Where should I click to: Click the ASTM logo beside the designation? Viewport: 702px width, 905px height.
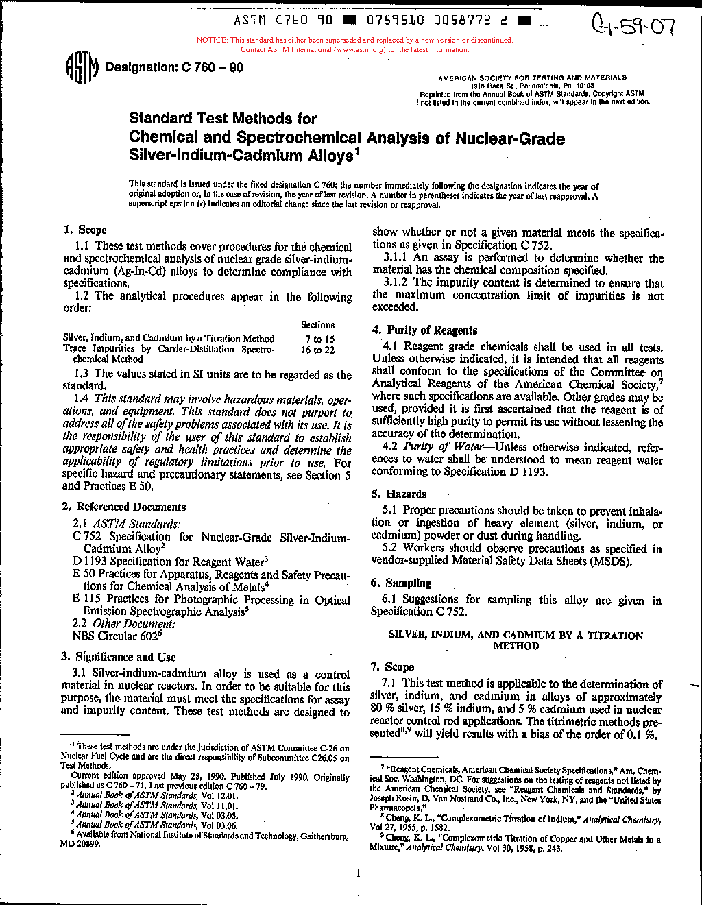(x=82, y=68)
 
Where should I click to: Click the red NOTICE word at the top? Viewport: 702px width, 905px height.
(x=212, y=40)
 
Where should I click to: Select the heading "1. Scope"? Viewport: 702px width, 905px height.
(x=85, y=230)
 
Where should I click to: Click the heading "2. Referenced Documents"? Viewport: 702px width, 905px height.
(x=123, y=507)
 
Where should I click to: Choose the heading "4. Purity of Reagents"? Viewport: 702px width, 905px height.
(x=424, y=330)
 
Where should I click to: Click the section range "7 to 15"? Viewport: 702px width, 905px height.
(x=319, y=339)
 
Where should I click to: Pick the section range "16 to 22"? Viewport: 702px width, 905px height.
(x=318, y=350)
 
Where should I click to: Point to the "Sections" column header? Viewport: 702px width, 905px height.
(x=317, y=325)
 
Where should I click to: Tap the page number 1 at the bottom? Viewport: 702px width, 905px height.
(x=358, y=873)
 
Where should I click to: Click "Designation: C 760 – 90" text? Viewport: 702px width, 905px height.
(x=174, y=67)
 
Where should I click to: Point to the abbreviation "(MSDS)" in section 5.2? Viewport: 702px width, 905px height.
(x=609, y=561)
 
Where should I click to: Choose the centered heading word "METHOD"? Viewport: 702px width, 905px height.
(x=516, y=646)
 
